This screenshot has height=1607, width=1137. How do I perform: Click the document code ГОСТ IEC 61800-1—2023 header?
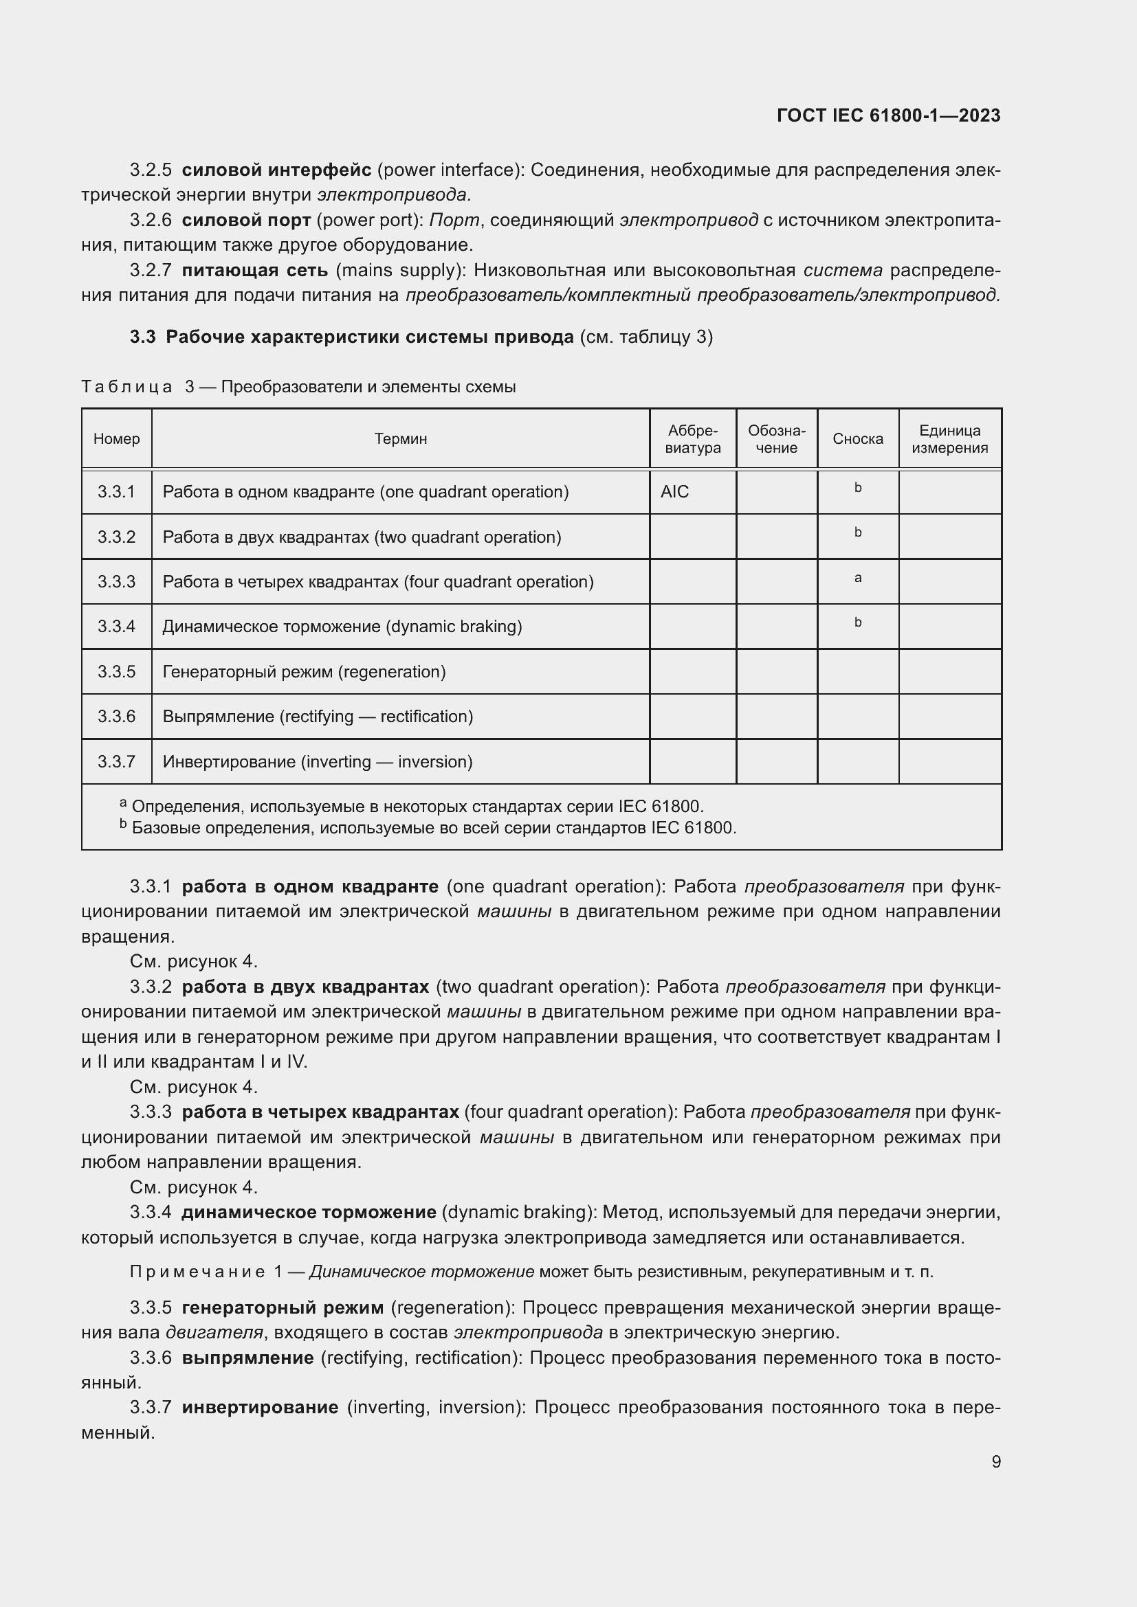click(x=887, y=115)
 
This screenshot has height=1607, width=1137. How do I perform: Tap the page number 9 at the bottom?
click(x=995, y=1461)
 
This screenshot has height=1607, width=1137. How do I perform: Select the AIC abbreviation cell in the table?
click(x=674, y=492)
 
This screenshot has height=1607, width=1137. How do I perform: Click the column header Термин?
click(x=400, y=439)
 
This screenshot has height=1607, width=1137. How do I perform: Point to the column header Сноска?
click(x=857, y=439)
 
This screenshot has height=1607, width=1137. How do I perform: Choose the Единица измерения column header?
click(x=949, y=439)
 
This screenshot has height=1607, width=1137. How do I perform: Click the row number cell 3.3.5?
click(x=116, y=672)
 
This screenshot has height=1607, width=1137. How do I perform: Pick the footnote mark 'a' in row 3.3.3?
click(x=858, y=578)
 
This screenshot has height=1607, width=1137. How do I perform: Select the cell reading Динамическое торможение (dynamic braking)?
click(x=342, y=627)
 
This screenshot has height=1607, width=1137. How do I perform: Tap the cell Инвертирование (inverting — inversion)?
click(x=317, y=761)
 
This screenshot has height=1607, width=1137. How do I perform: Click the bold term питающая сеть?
click(x=254, y=270)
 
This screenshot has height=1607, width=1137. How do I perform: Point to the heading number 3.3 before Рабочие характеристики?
click(x=142, y=337)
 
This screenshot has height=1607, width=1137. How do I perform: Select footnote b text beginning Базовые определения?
click(x=434, y=828)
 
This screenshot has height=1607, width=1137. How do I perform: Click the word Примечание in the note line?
click(x=197, y=1272)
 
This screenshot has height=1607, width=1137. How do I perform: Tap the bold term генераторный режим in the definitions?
click(x=282, y=1307)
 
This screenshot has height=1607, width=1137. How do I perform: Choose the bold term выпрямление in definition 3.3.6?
click(x=247, y=1358)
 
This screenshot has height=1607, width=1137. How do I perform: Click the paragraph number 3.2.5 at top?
click(x=151, y=170)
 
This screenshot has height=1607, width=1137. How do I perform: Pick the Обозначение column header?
click(x=775, y=439)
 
